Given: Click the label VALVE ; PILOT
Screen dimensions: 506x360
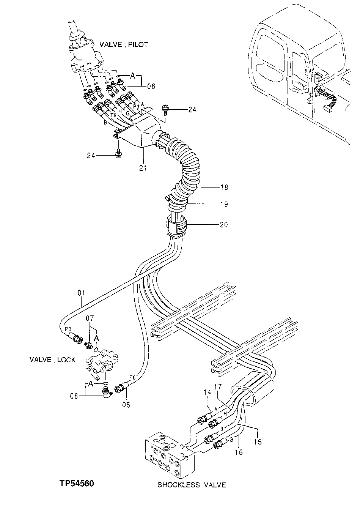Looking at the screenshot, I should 123,44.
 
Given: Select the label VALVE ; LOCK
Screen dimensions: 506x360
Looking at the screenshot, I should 52,359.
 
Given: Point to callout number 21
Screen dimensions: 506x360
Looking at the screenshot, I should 143,168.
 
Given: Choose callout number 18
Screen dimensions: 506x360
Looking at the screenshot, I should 224,187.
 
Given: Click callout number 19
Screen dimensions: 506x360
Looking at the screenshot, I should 224,205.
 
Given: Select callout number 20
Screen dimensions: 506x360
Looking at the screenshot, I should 224,225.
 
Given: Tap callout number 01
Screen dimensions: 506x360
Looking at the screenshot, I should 81,293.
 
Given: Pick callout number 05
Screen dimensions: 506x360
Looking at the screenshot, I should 126,405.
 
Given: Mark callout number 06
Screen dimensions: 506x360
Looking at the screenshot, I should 151,87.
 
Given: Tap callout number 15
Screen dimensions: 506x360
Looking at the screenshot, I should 258,442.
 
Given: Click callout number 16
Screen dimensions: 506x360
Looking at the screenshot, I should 238,452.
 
